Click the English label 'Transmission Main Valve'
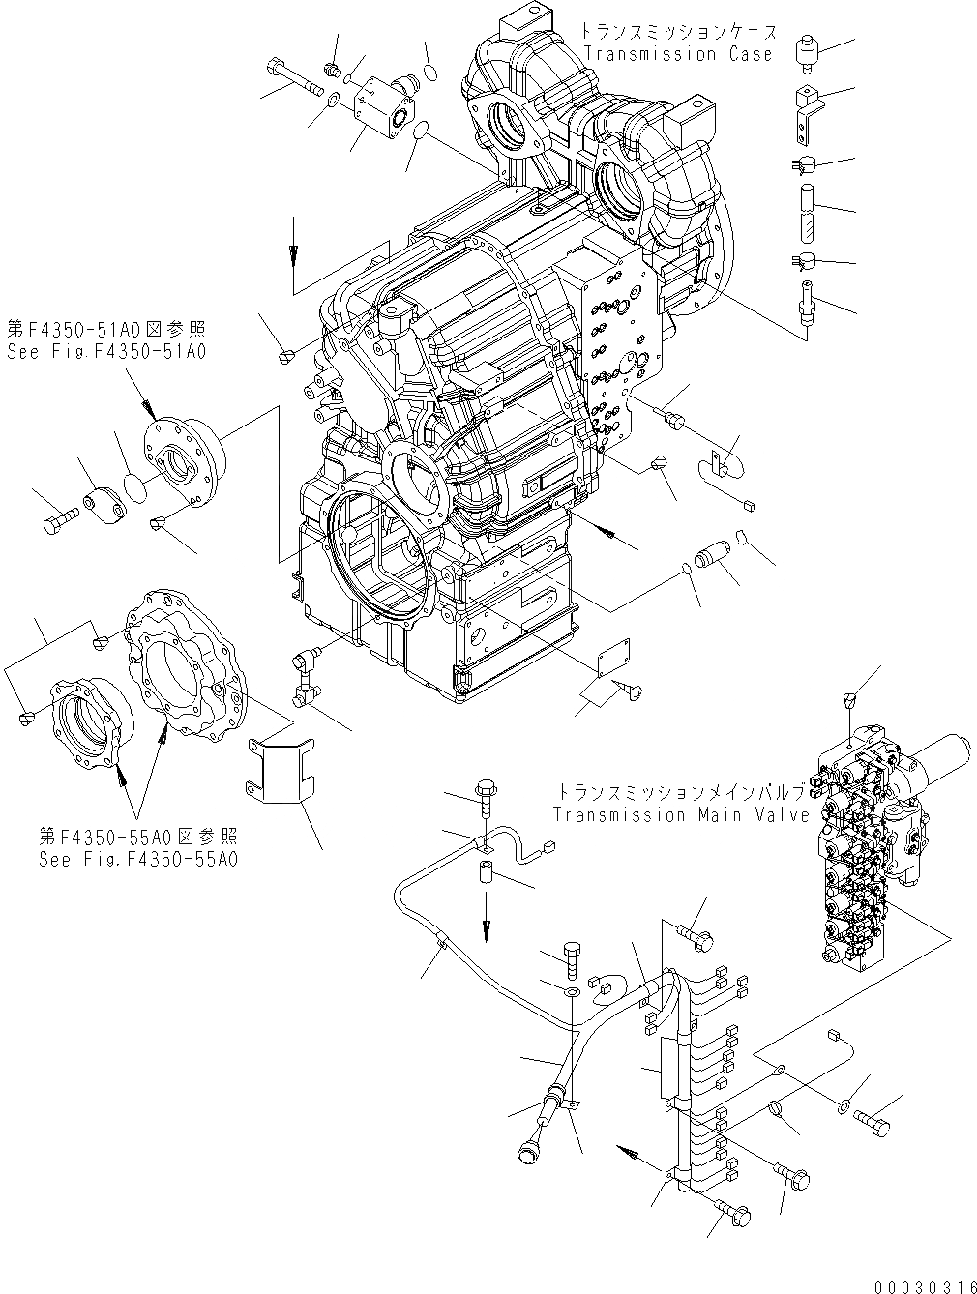681,814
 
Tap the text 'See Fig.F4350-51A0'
106,352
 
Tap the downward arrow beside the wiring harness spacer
486,926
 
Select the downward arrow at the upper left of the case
294,254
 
